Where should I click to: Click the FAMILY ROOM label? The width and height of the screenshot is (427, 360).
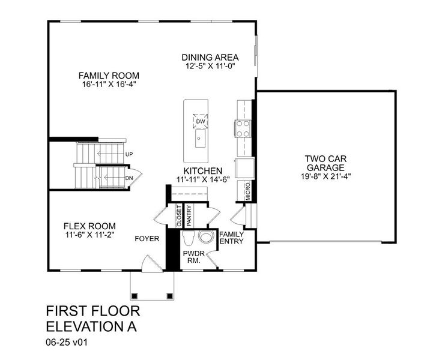[109, 76]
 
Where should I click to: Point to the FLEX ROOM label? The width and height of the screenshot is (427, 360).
[89, 226]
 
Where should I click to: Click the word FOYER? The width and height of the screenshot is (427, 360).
[147, 239]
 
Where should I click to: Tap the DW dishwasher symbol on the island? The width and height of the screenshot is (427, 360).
[201, 122]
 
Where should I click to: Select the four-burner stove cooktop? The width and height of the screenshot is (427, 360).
[243, 127]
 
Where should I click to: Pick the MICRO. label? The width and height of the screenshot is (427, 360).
[247, 191]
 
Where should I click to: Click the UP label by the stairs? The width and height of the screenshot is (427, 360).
[129, 154]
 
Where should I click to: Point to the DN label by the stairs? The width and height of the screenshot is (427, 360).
[129, 178]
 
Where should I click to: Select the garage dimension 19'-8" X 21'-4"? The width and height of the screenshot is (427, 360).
[325, 176]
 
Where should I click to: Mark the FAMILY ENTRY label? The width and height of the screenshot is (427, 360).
[231, 238]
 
